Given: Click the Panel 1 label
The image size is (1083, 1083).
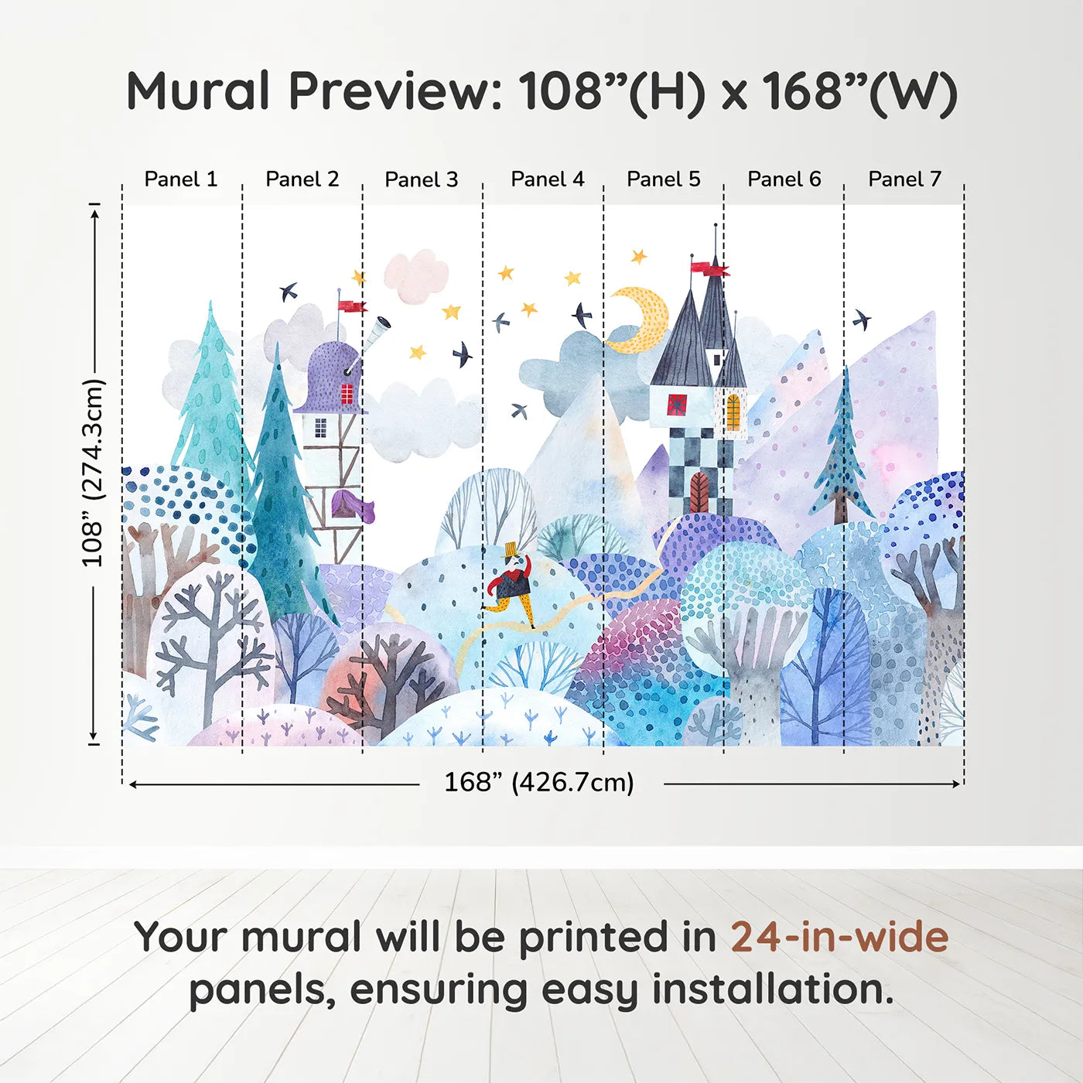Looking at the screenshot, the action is (180, 179).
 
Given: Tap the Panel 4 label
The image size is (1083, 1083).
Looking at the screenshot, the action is (548, 179).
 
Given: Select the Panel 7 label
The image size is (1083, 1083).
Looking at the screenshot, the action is (904, 179).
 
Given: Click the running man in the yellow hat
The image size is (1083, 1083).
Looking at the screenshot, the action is (511, 585).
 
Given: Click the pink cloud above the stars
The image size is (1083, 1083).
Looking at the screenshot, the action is (416, 275).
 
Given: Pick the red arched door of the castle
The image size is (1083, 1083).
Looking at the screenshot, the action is (699, 491).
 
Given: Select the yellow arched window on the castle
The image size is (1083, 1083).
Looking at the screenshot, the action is (733, 412).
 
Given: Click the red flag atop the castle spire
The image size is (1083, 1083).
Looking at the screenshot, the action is (709, 268).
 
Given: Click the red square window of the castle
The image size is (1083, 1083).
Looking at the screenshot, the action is (677, 405).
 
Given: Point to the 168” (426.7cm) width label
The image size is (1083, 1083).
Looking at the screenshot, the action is (539, 783).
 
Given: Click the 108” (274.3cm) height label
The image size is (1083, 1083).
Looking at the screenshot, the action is (94, 473).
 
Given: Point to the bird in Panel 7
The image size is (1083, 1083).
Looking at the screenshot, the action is (861, 319).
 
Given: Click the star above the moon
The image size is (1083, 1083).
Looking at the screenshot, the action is (638, 256).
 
